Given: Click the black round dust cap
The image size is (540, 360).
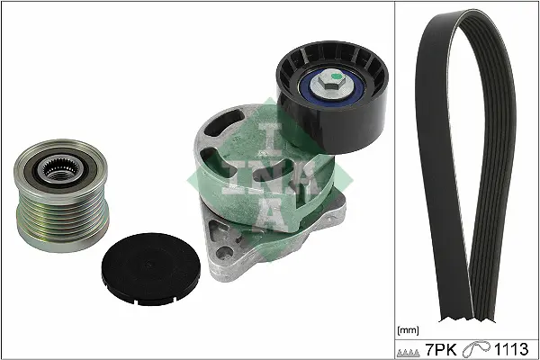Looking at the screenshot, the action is point(151,269).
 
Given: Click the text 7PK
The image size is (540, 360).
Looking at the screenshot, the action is point(441,349).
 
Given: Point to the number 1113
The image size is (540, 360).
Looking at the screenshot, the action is point(511,349).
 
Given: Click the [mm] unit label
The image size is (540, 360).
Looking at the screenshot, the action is point(408,330).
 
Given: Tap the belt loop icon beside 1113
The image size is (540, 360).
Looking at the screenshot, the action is point(477,349).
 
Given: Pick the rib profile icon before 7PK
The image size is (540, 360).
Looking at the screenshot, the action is point(409,353).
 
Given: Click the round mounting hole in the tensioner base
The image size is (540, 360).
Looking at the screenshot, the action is point(224,253).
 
